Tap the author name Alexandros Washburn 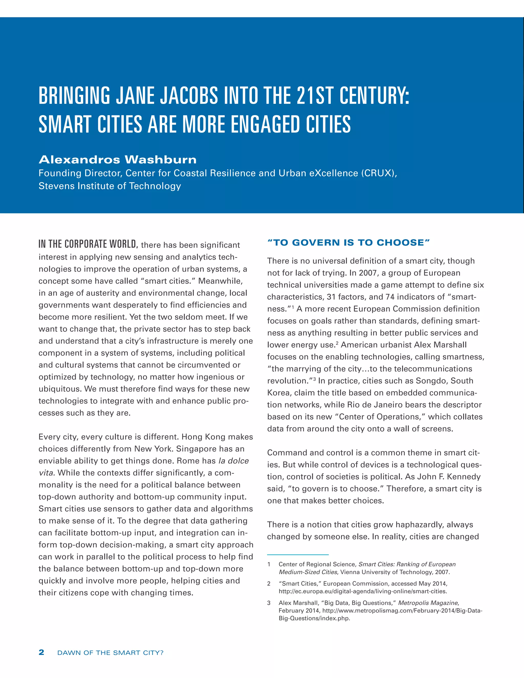117,160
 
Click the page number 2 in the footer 41,652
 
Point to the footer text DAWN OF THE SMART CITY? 110,653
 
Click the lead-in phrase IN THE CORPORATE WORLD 88,244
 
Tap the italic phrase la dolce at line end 233,461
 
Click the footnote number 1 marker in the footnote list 269,564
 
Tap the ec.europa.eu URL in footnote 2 363,591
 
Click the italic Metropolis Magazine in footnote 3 428,603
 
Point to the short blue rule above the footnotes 298,554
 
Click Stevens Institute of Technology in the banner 110,186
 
